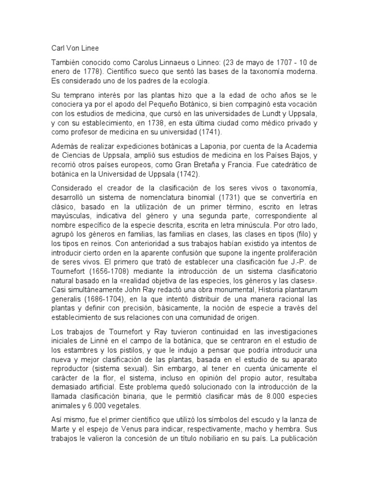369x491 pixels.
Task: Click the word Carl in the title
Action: click(58, 48)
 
